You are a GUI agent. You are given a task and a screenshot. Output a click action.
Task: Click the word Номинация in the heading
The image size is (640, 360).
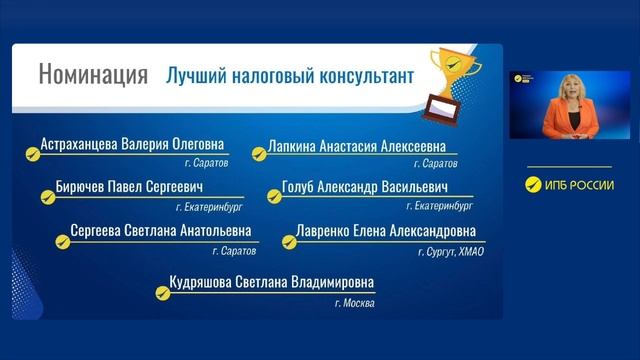[93, 75]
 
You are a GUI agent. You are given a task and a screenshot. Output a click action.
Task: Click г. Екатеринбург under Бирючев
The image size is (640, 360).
[210, 207]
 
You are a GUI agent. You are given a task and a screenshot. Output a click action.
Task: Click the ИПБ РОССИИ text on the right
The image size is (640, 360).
[578, 183]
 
